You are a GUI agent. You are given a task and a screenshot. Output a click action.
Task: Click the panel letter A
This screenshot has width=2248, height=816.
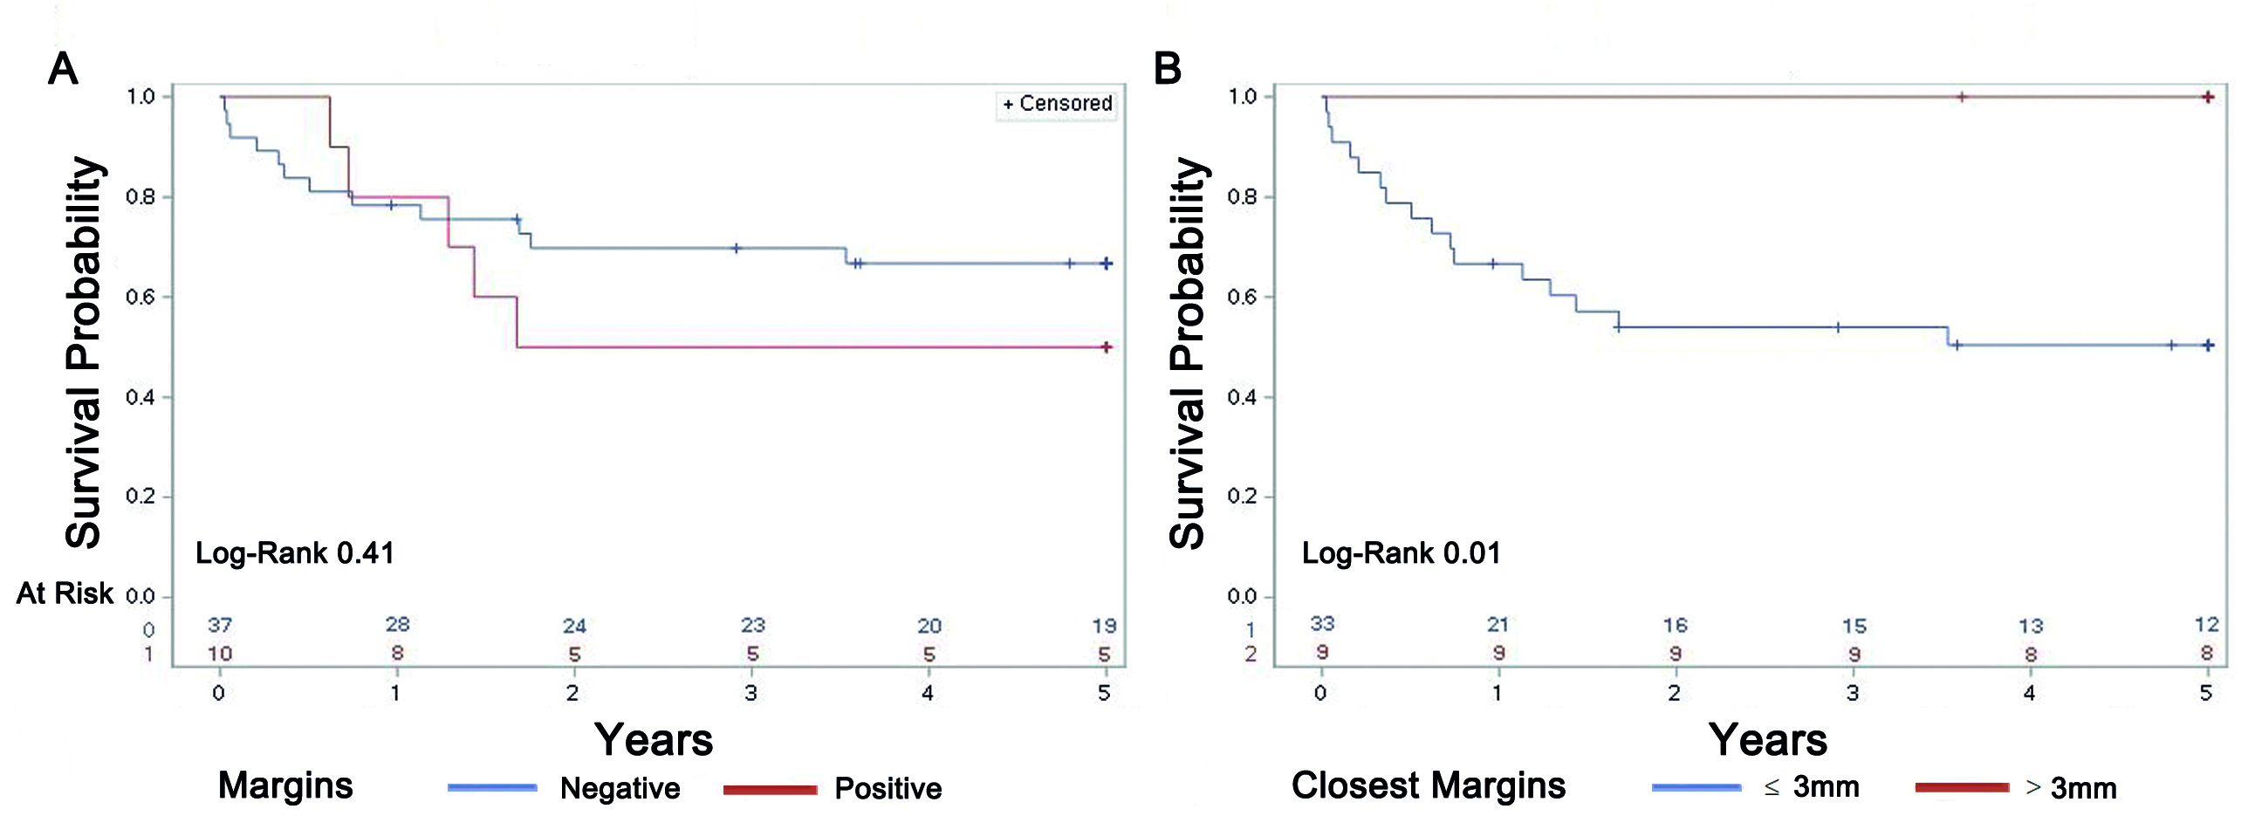pyautogui.click(x=62, y=68)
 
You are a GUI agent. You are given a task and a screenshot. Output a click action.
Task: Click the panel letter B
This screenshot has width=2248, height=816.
pyautogui.click(x=1167, y=68)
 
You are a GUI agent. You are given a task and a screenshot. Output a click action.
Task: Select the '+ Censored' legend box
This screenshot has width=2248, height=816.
pyautogui.click(x=1057, y=104)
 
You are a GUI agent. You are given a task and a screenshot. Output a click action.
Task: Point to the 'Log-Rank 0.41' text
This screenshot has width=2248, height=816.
pyautogui.click(x=294, y=552)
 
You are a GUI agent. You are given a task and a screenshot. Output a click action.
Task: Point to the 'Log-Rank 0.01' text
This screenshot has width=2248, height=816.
pyautogui.click(x=1401, y=552)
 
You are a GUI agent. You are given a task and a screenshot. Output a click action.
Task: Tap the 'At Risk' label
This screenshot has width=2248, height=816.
pyautogui.click(x=65, y=593)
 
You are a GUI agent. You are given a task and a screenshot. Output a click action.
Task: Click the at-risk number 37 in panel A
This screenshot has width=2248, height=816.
pyautogui.click(x=220, y=625)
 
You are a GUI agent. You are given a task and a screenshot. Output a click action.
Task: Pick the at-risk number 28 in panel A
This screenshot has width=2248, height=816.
pyautogui.click(x=397, y=625)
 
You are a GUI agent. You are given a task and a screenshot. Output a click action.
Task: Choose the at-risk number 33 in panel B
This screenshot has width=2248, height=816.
pyautogui.click(x=1322, y=624)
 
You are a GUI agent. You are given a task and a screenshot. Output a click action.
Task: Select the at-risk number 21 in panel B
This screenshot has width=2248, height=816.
pyautogui.click(x=1498, y=625)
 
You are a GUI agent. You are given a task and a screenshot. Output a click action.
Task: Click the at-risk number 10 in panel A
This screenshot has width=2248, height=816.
pyautogui.click(x=220, y=654)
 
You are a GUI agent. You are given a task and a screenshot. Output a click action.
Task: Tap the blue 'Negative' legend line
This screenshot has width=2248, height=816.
pyautogui.click(x=492, y=788)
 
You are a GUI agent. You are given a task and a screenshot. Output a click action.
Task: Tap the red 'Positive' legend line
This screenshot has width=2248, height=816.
pyautogui.click(x=770, y=789)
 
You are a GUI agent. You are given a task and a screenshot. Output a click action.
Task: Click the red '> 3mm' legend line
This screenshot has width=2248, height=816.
pyautogui.click(x=1962, y=788)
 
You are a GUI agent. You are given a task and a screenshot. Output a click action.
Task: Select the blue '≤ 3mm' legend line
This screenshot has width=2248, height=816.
pyautogui.click(x=1696, y=788)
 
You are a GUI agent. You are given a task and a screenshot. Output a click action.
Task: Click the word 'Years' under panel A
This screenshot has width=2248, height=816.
pyautogui.click(x=654, y=740)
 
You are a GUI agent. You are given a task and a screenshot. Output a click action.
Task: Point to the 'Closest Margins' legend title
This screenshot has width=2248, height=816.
pyautogui.click(x=1429, y=785)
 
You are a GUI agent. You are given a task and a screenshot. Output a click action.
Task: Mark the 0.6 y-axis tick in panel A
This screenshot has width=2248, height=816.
pyautogui.click(x=141, y=298)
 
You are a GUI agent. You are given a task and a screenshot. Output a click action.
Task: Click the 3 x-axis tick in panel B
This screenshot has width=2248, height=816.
pyautogui.click(x=1853, y=693)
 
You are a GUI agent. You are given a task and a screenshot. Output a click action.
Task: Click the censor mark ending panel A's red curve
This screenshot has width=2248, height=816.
pyautogui.click(x=1107, y=347)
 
